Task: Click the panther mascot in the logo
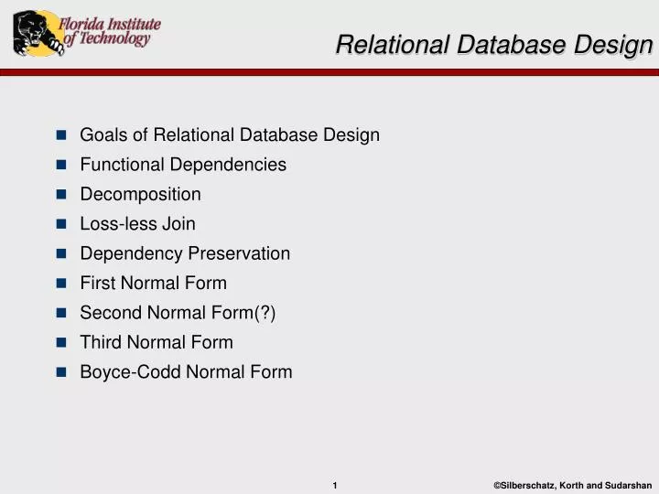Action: coord(34,33)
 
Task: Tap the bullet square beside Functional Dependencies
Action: coord(61,166)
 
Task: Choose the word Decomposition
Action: coord(140,195)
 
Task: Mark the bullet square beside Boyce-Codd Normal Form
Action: coord(61,372)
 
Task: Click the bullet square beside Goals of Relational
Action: coord(61,135)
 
